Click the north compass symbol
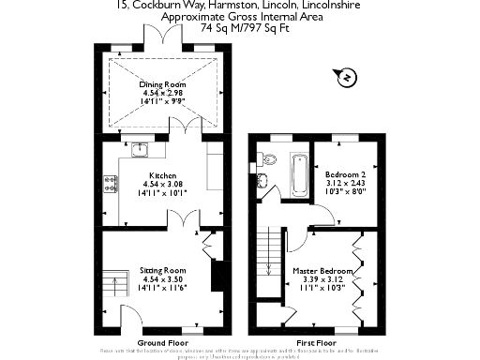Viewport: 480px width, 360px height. pyautogui.click(x=345, y=76)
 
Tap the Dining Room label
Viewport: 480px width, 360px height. pyautogui.click(x=164, y=83)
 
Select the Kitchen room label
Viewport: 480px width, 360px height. pyautogui.click(x=163, y=175)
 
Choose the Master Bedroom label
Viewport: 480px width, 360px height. pyautogui.click(x=320, y=272)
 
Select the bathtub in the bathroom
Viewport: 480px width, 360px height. pyautogui.click(x=300, y=175)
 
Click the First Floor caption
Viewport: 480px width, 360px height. pyautogui.click(x=315, y=343)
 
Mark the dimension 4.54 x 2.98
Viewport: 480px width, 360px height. pyautogui.click(x=164, y=93)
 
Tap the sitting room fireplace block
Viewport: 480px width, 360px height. pyautogui.click(x=217, y=277)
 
